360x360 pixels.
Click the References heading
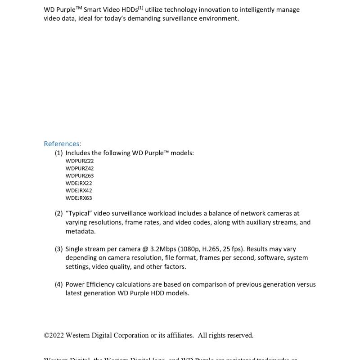[x=63, y=144]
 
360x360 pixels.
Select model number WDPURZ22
[x=80, y=161]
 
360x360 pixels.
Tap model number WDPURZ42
[x=80, y=168]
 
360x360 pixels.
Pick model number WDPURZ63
[x=80, y=175]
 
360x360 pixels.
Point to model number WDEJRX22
[x=79, y=183]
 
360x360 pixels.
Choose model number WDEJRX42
[x=79, y=190]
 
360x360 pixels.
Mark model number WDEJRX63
[x=79, y=198]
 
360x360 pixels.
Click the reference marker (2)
[x=58, y=213]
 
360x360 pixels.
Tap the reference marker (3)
[x=58, y=249]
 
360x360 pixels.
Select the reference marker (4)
[x=58, y=284]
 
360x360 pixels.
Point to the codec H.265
[x=210, y=249]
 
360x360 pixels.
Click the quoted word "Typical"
[x=80, y=213]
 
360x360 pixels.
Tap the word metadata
[x=80, y=231]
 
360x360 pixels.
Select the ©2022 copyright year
[x=54, y=335]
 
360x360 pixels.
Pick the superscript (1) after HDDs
[x=140, y=8]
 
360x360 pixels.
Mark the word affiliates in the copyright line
[x=179, y=335]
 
